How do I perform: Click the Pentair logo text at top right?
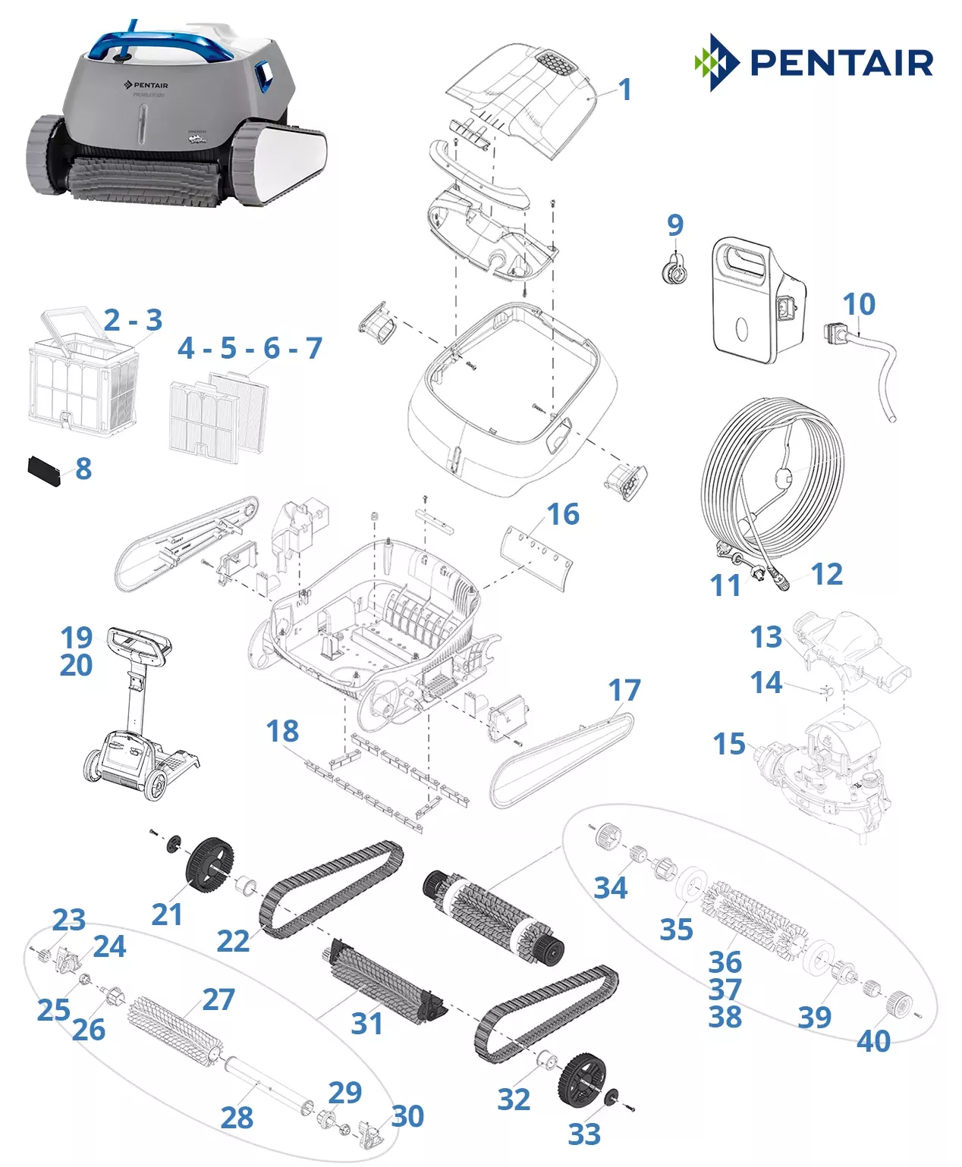pos(841,63)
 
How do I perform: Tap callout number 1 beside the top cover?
pos(624,90)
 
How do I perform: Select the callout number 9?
pos(674,224)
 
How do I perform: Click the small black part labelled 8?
pos(44,471)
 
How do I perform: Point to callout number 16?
pos(563,514)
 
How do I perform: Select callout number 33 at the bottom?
pos(584,1134)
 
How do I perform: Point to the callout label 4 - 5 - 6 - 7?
pos(250,348)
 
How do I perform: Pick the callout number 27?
pos(218,999)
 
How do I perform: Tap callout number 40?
pos(873,1041)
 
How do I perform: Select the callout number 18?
pos(282,731)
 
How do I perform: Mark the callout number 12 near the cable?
pos(826,574)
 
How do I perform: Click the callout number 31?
pos(367,1023)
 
